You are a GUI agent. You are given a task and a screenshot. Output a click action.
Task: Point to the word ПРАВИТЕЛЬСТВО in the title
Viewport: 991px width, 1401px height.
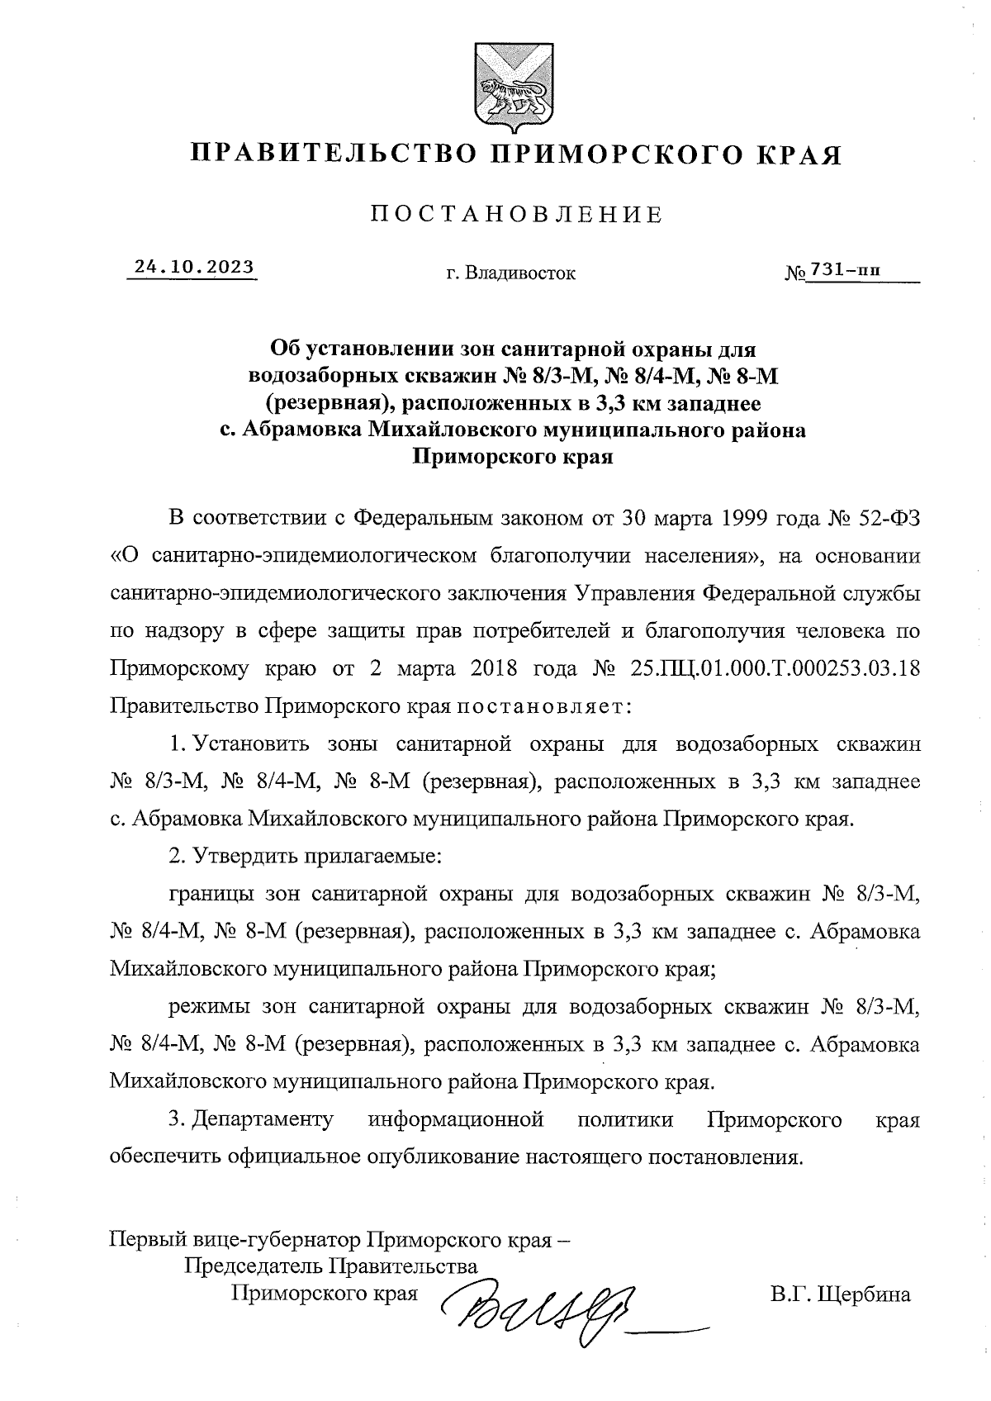334,154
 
